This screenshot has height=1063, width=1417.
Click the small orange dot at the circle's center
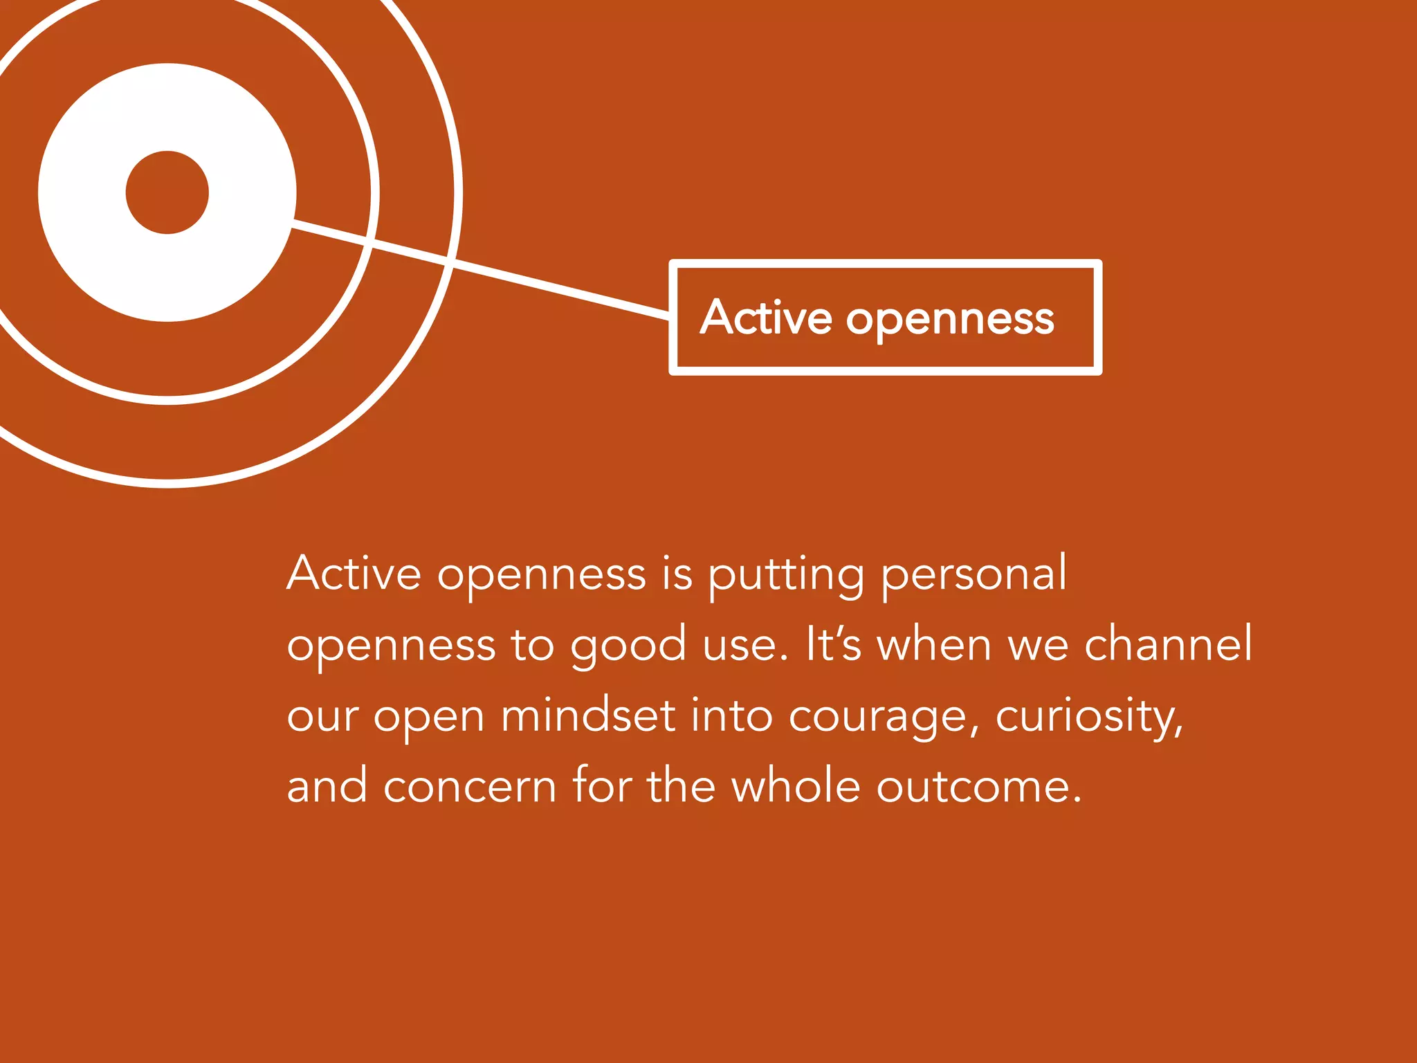(x=167, y=192)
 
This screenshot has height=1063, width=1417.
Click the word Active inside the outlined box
(x=766, y=318)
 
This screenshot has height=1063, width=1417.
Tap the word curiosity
(x=1088, y=717)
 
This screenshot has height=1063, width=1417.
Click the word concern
(x=470, y=787)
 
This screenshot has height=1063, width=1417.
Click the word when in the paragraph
(x=935, y=645)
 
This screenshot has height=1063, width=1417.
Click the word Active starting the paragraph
(x=354, y=574)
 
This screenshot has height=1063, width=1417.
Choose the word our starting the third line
(x=322, y=717)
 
